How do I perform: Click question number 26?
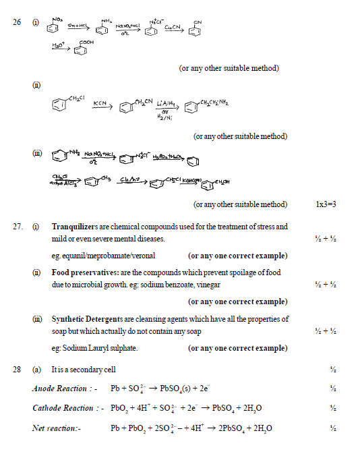point(17,22)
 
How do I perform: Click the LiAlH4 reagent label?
point(166,103)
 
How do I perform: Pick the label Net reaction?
point(56,429)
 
